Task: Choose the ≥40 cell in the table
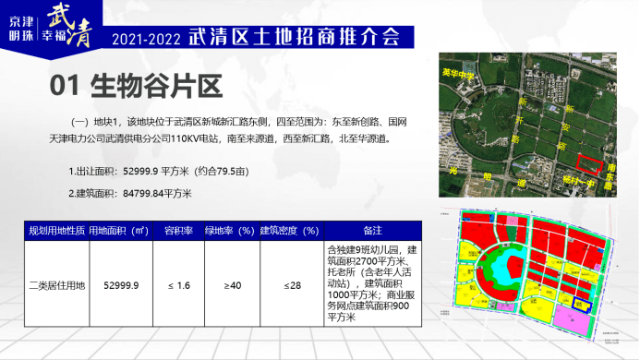[232, 286]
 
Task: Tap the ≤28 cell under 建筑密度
[292, 286]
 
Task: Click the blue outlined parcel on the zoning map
[582, 304]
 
